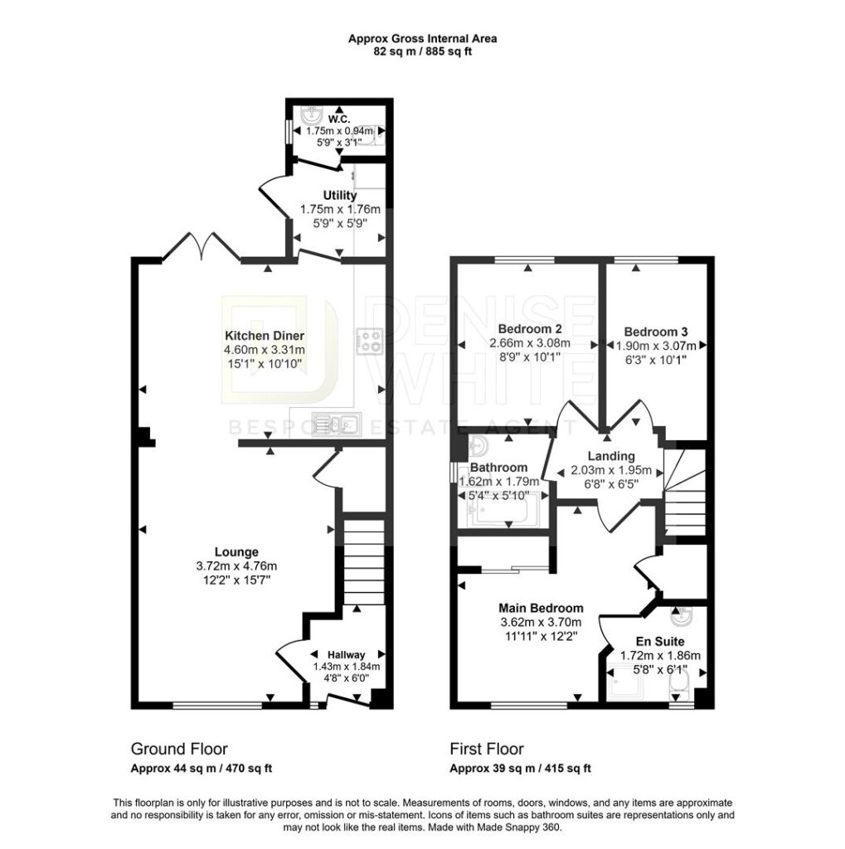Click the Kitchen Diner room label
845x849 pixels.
pos(265,336)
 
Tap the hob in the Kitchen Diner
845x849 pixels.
pos(370,341)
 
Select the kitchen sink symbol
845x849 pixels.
pos(337,424)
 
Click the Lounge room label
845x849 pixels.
pos(236,552)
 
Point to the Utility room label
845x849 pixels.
pos(340,196)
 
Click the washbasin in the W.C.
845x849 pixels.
pos(310,115)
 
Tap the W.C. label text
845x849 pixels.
pos(339,119)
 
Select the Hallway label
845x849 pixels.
pos(346,655)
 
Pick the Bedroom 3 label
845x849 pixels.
pos(655,332)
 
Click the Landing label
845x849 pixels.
pos(611,457)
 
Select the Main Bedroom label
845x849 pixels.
pos(541,608)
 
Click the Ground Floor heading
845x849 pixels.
pos(179,749)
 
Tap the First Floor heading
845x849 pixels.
pos(487,749)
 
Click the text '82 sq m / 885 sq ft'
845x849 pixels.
pos(423,52)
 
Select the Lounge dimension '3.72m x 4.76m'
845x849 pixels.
pos(236,566)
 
